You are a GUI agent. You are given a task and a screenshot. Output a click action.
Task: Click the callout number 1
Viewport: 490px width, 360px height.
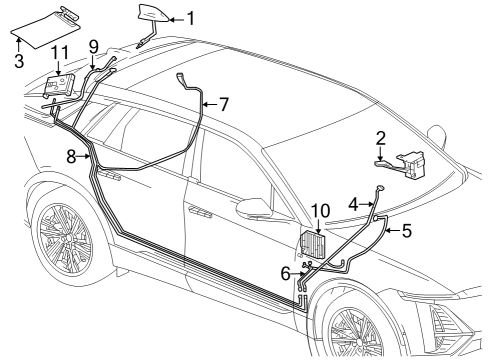191,18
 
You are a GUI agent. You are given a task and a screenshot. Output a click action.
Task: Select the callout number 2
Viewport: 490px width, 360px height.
380,137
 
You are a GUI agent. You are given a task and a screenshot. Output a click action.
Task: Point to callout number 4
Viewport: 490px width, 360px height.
354,203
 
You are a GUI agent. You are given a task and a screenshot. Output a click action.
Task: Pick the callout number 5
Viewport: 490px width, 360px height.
406,231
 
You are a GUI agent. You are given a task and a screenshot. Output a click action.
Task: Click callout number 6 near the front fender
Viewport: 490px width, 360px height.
286,272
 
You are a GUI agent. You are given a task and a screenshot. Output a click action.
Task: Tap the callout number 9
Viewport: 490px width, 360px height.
94,45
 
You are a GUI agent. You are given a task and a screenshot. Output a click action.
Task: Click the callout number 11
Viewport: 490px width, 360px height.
60,52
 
